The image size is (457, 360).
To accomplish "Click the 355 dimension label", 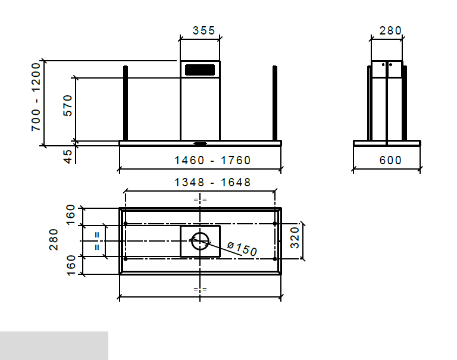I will click(x=200, y=30).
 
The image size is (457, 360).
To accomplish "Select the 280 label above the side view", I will click(x=390, y=30).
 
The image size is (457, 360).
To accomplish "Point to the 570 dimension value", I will click(x=67, y=106).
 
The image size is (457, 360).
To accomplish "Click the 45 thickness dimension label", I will click(x=67, y=155).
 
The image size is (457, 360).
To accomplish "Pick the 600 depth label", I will click(x=390, y=160).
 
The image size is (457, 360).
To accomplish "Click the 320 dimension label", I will click(x=295, y=241).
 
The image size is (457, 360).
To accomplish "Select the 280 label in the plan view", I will click(x=54, y=240).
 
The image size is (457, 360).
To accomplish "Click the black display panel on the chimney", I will click(x=200, y=70).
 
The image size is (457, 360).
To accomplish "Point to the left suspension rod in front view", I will click(x=126, y=102).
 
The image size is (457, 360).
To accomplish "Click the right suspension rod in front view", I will click(x=275, y=102).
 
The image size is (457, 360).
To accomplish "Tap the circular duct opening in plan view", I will click(x=200, y=241).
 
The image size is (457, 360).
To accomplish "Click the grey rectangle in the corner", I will click(x=54, y=346).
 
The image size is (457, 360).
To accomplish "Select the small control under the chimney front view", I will click(x=200, y=143).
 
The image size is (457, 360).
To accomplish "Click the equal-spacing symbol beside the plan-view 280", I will click(x=97, y=241).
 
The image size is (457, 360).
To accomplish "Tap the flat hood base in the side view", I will click(x=387, y=143).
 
